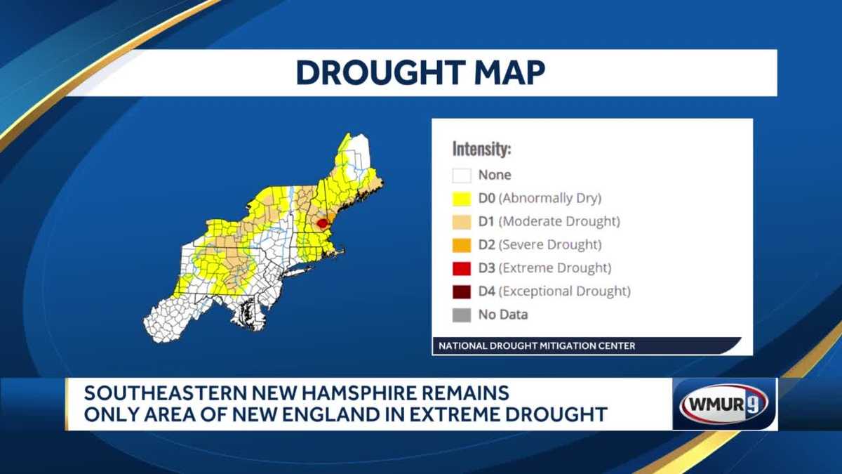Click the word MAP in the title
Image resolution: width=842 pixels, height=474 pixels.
click(x=508, y=73)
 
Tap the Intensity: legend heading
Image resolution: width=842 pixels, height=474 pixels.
click(x=481, y=150)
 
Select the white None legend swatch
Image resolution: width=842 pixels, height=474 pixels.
click(x=461, y=176)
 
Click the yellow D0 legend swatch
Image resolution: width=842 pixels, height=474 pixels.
click(x=461, y=199)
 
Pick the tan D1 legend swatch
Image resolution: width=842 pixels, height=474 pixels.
click(x=461, y=222)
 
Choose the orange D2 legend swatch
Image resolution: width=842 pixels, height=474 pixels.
click(x=461, y=245)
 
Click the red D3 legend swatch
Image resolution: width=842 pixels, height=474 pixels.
click(x=461, y=268)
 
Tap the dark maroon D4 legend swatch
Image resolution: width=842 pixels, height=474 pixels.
click(x=461, y=291)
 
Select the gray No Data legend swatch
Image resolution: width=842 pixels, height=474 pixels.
click(x=461, y=315)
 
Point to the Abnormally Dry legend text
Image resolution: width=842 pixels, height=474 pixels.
click(x=550, y=199)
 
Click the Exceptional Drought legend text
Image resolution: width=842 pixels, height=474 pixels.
click(x=565, y=291)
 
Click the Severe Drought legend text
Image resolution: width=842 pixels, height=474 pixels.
click(x=550, y=245)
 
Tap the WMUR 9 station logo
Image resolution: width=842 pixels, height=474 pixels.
click(x=725, y=404)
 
